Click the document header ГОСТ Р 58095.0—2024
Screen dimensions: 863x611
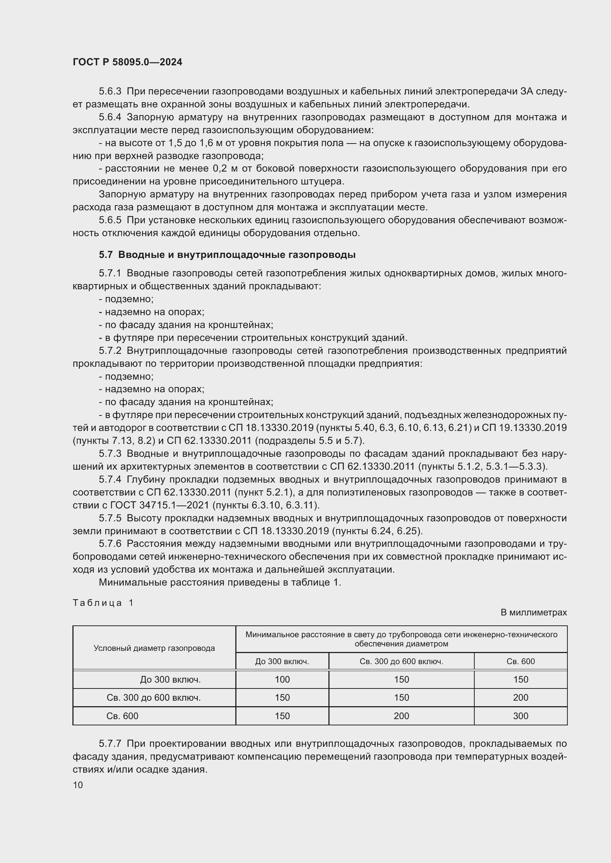click(127, 62)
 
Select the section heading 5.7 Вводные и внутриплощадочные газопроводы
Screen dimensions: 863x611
click(227, 255)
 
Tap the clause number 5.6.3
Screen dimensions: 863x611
click(110, 92)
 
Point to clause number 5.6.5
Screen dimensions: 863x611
click(110, 220)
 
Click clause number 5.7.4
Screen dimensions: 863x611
click(110, 480)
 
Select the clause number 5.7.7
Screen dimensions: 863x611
click(110, 744)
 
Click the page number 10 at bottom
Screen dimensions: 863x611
click(78, 785)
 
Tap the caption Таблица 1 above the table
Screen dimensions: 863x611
click(103, 603)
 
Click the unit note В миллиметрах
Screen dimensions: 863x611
click(533, 612)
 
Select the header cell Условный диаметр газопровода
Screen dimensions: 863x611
click(154, 648)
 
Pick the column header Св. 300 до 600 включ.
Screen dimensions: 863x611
click(401, 662)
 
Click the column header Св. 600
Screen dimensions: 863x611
click(520, 662)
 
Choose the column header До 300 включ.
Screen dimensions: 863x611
click(282, 662)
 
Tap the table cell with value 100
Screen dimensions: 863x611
click(282, 680)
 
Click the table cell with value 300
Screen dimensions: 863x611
click(520, 716)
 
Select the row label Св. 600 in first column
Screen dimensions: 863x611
click(122, 716)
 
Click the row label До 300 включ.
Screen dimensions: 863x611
click(170, 680)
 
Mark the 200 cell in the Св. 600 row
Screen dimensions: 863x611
click(401, 716)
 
